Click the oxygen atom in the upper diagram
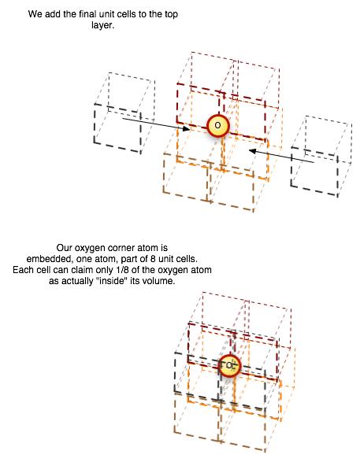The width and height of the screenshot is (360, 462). click(218, 126)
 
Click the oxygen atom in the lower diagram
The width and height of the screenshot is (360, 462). click(230, 366)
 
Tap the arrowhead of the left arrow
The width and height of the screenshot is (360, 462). click(187, 128)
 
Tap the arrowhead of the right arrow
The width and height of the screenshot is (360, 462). click(252, 151)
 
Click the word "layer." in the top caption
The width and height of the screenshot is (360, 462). click(102, 25)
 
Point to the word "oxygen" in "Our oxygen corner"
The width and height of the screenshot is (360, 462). click(90, 249)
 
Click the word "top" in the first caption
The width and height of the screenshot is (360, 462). click(171, 15)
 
